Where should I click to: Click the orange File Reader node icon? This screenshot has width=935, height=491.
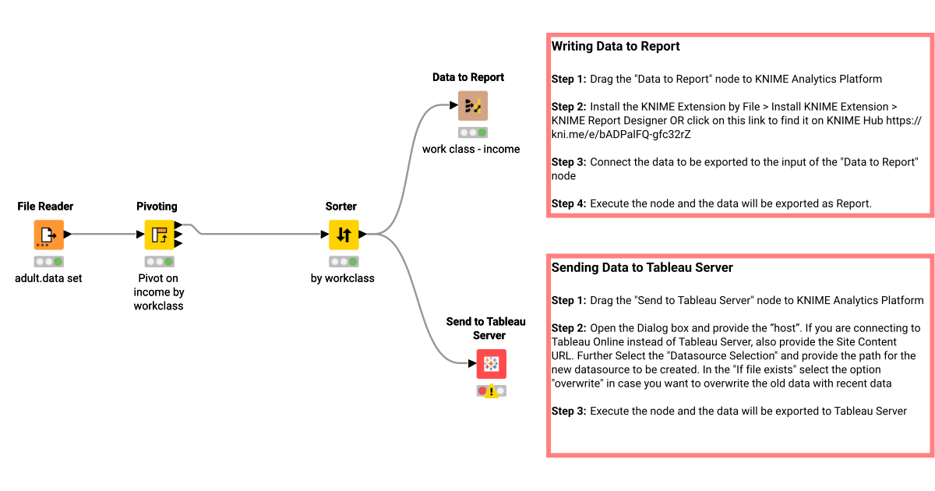pyautogui.click(x=48, y=234)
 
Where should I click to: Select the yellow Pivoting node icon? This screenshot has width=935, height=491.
pyautogui.click(x=159, y=234)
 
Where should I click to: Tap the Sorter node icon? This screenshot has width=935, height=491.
pyautogui.click(x=344, y=234)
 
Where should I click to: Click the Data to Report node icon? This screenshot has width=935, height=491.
pyautogui.click(x=472, y=105)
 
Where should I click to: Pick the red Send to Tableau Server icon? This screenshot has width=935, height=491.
pyautogui.click(x=491, y=363)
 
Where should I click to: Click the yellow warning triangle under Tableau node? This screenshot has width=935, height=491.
pyautogui.click(x=492, y=391)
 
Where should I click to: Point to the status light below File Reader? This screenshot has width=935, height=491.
pyautogui.click(x=48, y=262)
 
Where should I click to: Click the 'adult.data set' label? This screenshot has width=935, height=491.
pyautogui.click(x=48, y=278)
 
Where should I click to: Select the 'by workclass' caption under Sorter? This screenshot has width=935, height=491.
pyautogui.click(x=342, y=278)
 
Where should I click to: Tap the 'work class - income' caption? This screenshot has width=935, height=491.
pyautogui.click(x=471, y=149)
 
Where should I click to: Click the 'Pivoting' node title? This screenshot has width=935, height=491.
pyautogui.click(x=157, y=207)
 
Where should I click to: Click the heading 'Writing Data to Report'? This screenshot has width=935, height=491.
pyautogui.click(x=616, y=47)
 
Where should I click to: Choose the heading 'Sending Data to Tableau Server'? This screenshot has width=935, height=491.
pyautogui.click(x=642, y=268)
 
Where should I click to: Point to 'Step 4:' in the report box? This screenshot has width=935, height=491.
pyautogui.click(x=569, y=203)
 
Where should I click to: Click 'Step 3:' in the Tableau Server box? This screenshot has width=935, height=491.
pyautogui.click(x=569, y=411)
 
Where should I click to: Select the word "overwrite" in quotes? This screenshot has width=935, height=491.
pyautogui.click(x=577, y=383)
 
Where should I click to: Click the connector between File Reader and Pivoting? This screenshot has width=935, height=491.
pyautogui.click(x=105, y=234)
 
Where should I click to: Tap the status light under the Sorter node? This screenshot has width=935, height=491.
pyautogui.click(x=344, y=262)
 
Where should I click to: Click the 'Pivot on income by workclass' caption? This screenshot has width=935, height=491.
pyautogui.click(x=158, y=292)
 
